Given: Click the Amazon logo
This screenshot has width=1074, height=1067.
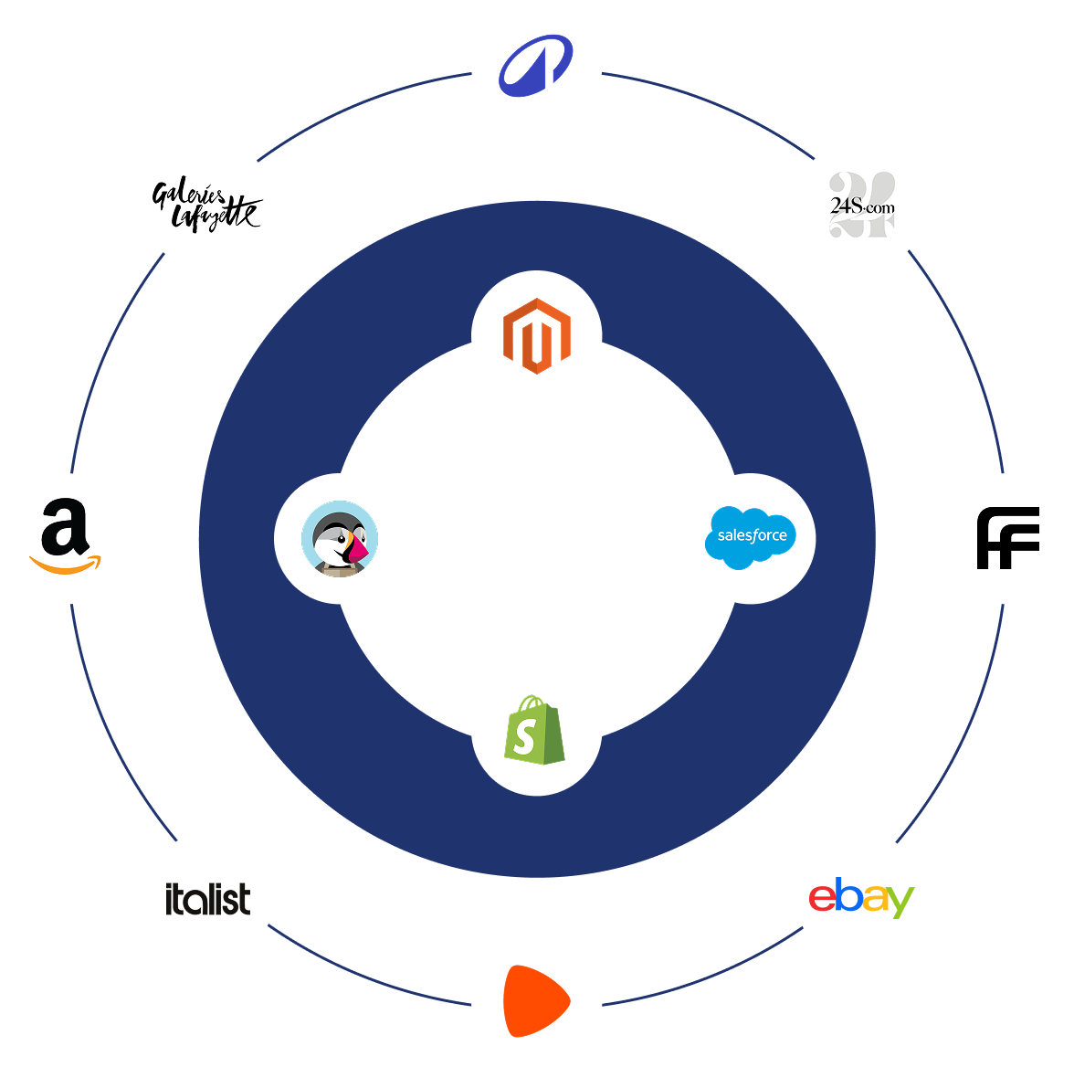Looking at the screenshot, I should (66, 538).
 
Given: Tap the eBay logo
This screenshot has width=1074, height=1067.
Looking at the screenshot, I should (861, 898).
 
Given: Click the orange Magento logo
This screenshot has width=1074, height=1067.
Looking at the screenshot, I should (537, 335).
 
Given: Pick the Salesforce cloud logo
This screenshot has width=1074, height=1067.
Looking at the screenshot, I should (751, 538).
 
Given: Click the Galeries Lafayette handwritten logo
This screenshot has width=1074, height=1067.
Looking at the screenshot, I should (207, 205).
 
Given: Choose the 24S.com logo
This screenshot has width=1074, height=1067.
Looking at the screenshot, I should (861, 206).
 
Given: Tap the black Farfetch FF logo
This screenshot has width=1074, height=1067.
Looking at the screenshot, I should (1007, 538).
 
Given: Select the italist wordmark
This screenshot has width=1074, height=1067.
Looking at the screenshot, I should (207, 899).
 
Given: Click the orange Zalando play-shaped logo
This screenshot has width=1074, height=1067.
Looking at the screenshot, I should (536, 1000).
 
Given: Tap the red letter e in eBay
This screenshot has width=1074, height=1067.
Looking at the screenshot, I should (822, 899).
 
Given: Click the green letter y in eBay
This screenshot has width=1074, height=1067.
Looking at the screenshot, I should (900, 903).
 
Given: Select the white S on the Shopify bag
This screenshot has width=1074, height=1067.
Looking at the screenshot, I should (524, 736).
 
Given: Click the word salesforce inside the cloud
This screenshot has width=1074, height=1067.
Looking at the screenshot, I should (752, 535).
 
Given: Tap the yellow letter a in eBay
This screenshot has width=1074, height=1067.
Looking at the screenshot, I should (874, 899).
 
